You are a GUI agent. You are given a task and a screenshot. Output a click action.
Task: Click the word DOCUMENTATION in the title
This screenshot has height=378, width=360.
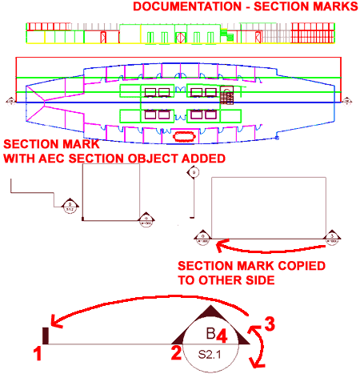(x=177, y=7)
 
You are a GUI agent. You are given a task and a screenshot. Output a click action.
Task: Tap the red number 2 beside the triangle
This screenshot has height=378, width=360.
(x=176, y=352)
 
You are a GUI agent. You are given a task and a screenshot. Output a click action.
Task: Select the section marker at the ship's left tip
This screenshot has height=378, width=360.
(x=10, y=101)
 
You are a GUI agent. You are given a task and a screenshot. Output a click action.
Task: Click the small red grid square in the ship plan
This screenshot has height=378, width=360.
(x=227, y=98)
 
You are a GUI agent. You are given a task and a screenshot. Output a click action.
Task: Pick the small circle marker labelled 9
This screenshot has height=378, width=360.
(x=194, y=171)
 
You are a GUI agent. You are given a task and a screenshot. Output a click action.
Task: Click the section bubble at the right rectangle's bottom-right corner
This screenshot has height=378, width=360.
(x=331, y=235)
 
